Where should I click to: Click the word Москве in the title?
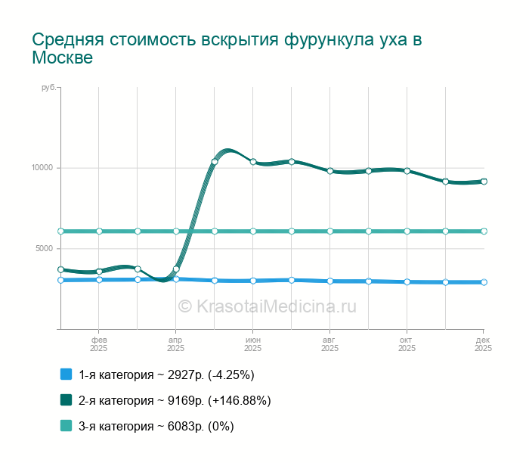tap(63, 58)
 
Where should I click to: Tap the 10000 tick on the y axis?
tap(42, 168)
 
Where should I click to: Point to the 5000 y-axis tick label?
tap(45, 249)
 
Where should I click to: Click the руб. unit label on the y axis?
tap(48, 89)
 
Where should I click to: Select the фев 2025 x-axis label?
tap(99, 344)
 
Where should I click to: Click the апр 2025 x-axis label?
tap(175, 344)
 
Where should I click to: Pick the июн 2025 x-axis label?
tap(253, 344)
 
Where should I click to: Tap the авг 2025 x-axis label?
tap(329, 344)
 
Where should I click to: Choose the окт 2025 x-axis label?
tap(407, 344)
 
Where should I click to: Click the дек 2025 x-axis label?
tap(483, 344)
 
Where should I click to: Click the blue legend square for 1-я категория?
tap(66, 374)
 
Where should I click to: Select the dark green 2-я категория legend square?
tap(66, 400)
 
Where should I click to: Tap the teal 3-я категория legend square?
tap(66, 426)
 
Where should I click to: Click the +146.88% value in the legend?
tap(239, 400)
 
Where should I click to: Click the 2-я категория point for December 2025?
tap(484, 182)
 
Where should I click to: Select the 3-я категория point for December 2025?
tap(484, 231)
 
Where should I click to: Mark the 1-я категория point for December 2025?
tap(484, 282)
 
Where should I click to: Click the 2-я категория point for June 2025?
tap(253, 162)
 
